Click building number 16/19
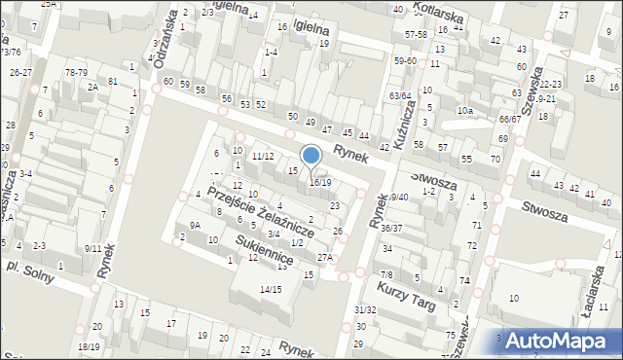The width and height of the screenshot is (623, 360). tap(320, 182)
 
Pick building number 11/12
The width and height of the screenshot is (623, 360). tap(262, 156)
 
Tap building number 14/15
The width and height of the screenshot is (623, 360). tap(271, 289)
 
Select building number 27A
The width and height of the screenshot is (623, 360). tap(324, 257)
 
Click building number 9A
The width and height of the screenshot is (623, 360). tap(195, 225)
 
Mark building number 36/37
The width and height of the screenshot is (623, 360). tap(391, 228)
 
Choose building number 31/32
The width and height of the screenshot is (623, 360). tap(365, 309)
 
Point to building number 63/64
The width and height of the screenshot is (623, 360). tap(400, 95)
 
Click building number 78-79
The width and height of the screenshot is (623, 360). tap(76, 72)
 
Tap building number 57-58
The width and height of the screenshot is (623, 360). tap(417, 34)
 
